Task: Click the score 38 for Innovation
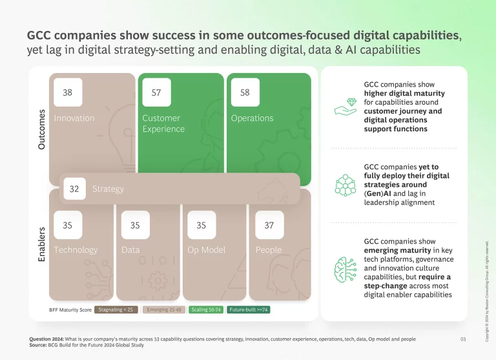[x=67, y=92]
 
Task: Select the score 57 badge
[x=156, y=92]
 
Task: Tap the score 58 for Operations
[x=245, y=92]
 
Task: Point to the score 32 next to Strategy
[x=74, y=189]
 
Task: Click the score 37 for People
[x=269, y=225]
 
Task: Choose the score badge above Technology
[x=67, y=225]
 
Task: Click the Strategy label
[x=108, y=189]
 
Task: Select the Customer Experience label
[x=163, y=123]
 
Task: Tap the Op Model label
[x=206, y=250]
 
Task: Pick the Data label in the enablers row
[x=130, y=250]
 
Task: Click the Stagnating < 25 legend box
[x=117, y=310]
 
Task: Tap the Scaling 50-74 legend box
[x=207, y=310]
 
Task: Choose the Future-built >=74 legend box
[x=249, y=310]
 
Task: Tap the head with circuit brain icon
[x=345, y=268]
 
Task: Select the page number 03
[x=462, y=339]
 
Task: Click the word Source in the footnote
[x=41, y=344]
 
